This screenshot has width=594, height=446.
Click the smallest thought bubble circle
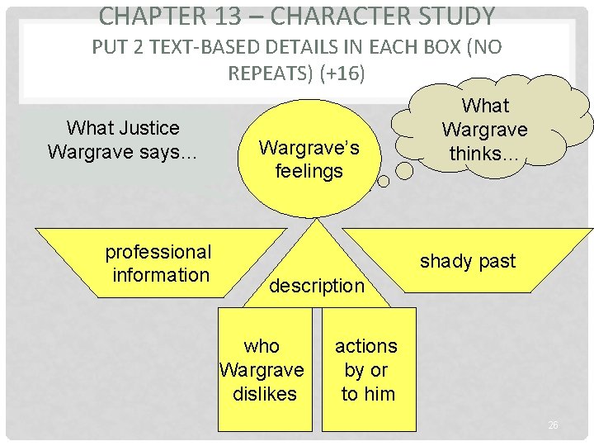point(403,170)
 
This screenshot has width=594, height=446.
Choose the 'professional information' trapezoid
point(157,263)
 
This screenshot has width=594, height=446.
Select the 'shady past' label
point(467,262)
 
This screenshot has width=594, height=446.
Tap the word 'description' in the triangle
point(316,286)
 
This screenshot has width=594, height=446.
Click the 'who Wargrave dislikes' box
point(264,369)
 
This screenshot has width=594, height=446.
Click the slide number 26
point(553,425)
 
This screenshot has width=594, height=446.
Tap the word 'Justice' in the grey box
point(147,128)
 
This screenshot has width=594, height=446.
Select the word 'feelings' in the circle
point(309,171)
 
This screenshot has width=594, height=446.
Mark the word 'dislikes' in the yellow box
point(264,394)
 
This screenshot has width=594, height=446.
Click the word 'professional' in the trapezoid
point(158,252)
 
